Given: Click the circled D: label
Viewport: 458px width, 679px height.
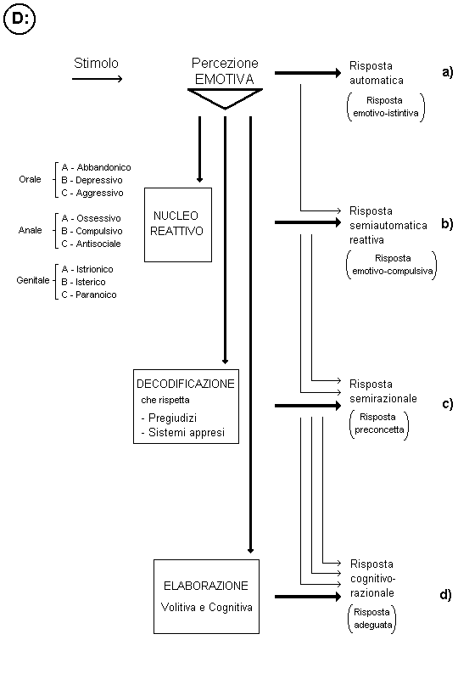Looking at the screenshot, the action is click(19, 19).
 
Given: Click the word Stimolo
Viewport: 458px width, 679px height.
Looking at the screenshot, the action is click(96, 63).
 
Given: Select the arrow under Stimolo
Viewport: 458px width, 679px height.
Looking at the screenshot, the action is click(98, 79).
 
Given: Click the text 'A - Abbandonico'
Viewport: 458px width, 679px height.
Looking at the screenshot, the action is click(96, 167).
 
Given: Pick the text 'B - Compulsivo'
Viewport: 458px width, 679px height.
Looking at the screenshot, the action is click(92, 231).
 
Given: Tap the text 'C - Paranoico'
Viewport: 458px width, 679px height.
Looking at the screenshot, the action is click(89, 295).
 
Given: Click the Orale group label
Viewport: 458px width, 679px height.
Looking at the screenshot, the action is click(30, 179).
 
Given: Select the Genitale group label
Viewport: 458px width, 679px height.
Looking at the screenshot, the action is click(33, 280).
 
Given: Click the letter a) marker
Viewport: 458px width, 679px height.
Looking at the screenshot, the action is click(448, 72).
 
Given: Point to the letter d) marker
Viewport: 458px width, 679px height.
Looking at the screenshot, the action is click(446, 595).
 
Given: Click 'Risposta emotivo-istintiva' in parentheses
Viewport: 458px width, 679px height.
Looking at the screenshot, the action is click(386, 107).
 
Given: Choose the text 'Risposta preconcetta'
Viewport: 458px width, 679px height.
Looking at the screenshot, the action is click(379, 424).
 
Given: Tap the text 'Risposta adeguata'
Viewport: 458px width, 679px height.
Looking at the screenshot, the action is click(372, 619).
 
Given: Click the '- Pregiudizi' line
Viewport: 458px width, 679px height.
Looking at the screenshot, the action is click(169, 418).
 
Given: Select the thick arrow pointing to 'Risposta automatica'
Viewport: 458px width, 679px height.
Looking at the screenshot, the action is click(308, 73).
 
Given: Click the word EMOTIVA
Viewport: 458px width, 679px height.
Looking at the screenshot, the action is click(225, 79).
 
